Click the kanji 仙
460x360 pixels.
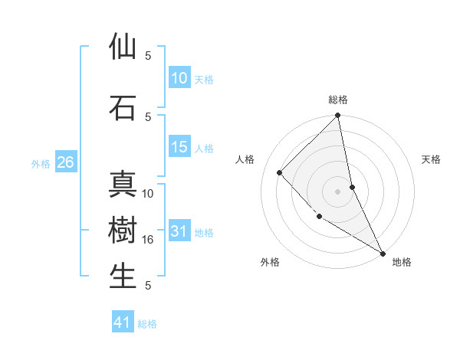tap(123, 47)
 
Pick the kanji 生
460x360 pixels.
tap(123, 277)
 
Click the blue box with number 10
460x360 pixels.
tap(179, 77)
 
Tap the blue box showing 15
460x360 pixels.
tap(179, 147)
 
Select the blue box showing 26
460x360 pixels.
tap(65, 162)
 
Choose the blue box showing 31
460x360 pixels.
tap(179, 232)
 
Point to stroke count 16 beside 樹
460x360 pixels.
tap(148, 240)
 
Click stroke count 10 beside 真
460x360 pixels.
tap(148, 194)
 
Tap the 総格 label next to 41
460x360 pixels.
tap(147, 324)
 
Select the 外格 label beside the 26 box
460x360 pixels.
tap(40, 163)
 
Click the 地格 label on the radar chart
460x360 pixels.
tap(402, 262)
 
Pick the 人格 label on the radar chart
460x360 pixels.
tap(245, 159)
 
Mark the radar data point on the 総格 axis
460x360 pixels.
tap(338, 116)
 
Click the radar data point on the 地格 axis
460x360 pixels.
tap(382, 252)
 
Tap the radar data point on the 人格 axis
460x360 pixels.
tap(280, 172)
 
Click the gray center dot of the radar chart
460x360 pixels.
tap(338, 191)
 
